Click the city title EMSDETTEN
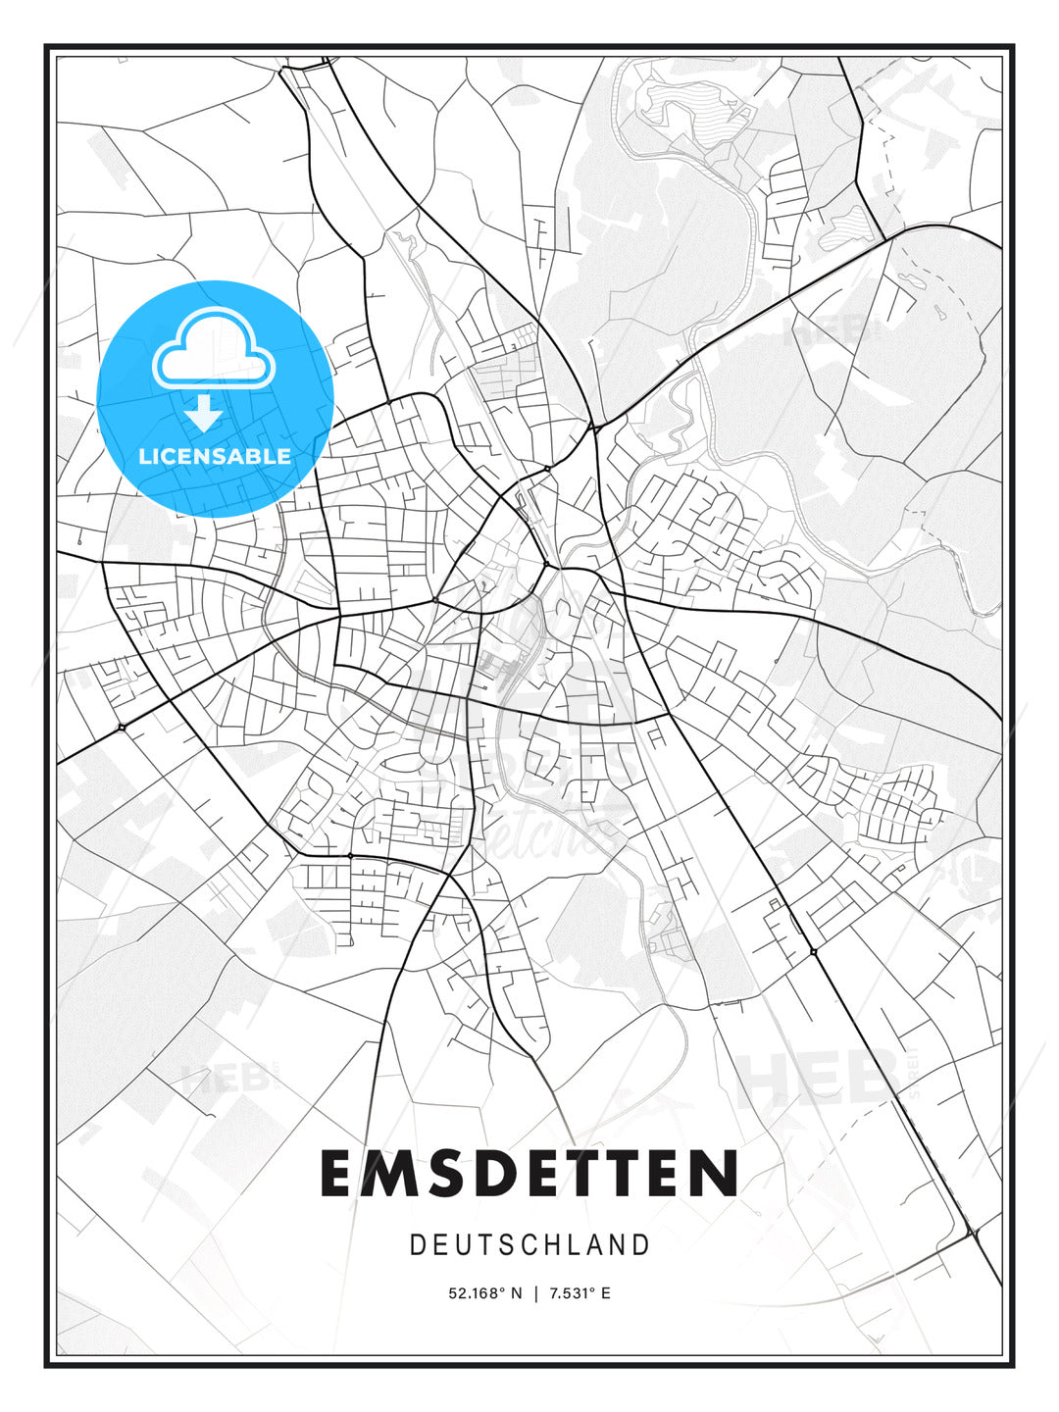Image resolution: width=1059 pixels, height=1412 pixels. [529, 1174]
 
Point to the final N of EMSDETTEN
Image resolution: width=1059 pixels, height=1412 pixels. [717, 1174]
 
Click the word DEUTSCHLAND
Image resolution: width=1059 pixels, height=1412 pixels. [529, 1245]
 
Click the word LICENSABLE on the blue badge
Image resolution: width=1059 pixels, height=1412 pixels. [215, 456]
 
